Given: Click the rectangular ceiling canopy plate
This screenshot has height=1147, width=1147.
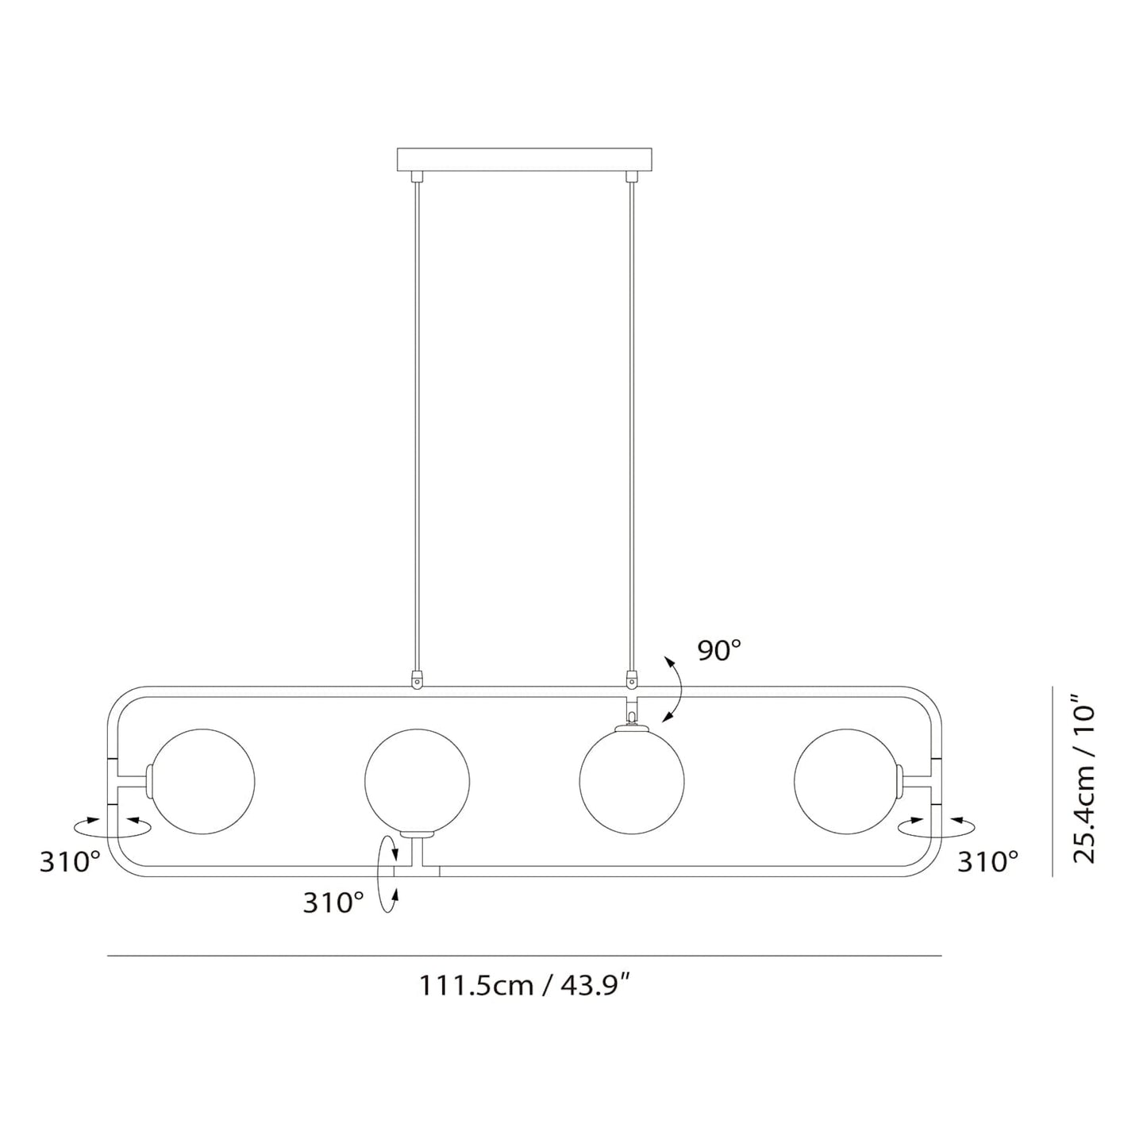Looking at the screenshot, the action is click(524, 160).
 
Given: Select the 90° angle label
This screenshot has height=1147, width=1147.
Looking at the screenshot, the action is click(719, 651).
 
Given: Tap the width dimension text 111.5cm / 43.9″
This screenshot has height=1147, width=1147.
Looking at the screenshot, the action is click(525, 985).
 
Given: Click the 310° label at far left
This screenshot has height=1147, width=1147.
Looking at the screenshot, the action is click(70, 861).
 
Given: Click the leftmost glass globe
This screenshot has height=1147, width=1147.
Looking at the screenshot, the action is click(202, 782).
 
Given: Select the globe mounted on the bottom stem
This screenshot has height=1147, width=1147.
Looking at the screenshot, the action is click(417, 782).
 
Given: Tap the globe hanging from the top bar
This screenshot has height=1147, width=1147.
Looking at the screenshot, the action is click(632, 782).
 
